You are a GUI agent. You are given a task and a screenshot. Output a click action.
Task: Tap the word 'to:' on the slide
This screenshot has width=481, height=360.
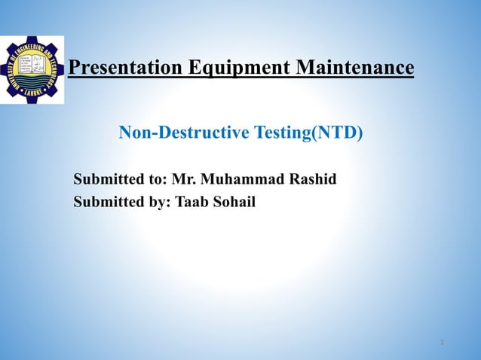point(157,180)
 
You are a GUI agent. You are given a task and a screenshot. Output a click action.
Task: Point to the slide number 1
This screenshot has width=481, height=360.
point(441,343)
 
